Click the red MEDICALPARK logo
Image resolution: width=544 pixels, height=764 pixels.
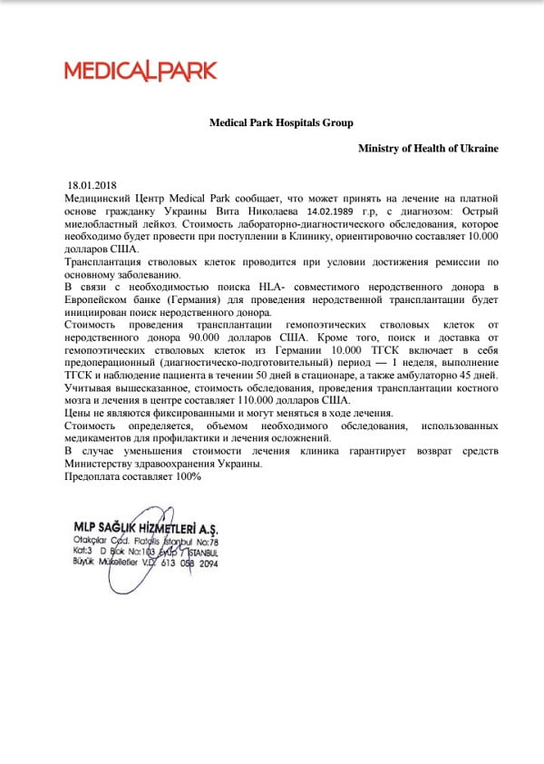(140, 70)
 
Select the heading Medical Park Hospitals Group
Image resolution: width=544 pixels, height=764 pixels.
(281, 122)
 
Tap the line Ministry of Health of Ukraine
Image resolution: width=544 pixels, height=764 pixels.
(428, 148)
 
